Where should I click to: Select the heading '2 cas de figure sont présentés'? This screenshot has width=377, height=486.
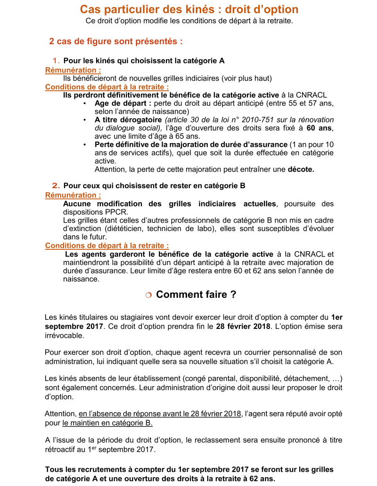[x=116, y=41]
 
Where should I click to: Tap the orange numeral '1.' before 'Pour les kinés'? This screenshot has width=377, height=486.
[x=56, y=61]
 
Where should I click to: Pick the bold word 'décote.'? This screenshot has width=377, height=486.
[x=301, y=169]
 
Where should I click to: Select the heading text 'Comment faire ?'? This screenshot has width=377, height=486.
[x=196, y=295]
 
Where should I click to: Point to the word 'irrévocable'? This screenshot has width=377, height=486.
[x=65, y=335]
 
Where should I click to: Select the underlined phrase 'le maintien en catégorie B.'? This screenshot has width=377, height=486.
[x=108, y=422]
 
